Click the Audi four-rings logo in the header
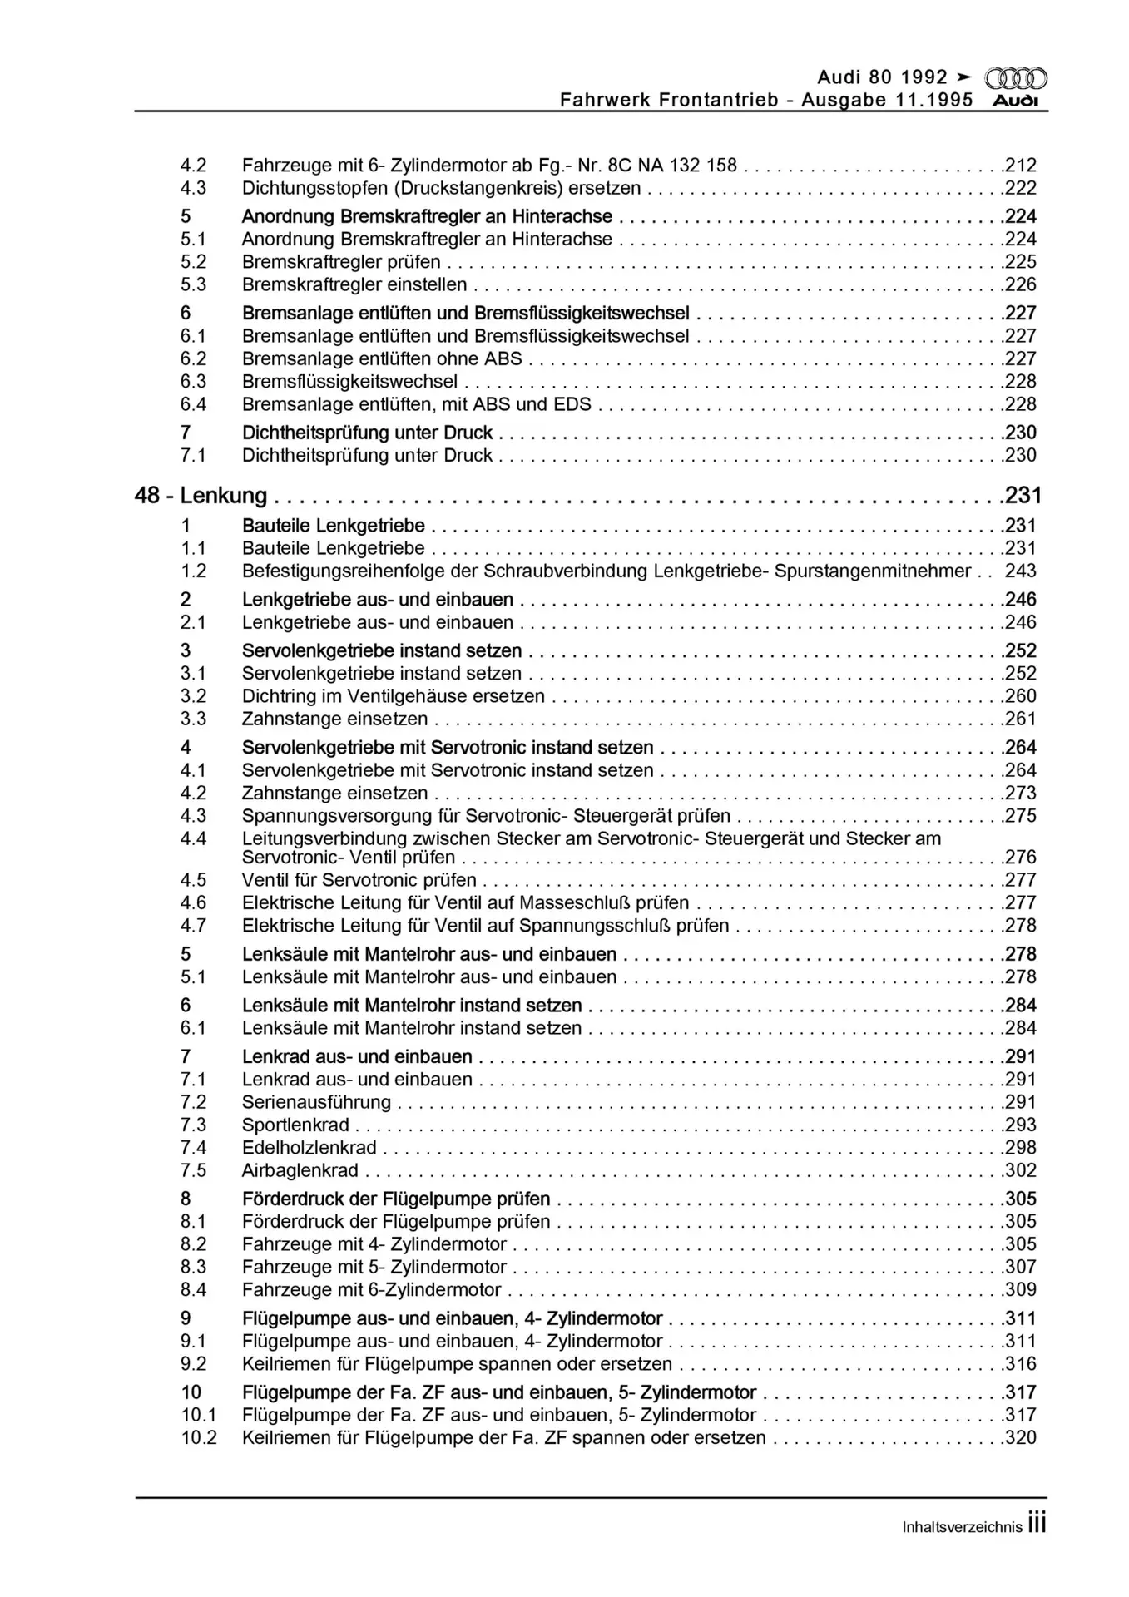click(x=1016, y=79)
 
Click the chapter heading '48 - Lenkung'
click(x=201, y=496)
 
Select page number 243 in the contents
click(x=1020, y=571)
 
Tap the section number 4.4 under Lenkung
click(x=193, y=838)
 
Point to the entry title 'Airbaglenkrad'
click(x=300, y=1170)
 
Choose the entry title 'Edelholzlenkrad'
click(x=309, y=1148)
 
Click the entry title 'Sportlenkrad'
click(x=295, y=1125)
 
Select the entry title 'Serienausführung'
click(x=316, y=1102)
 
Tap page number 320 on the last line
click(x=1020, y=1438)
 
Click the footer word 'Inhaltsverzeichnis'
click(x=962, y=1527)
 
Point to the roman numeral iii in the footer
click(x=1037, y=1524)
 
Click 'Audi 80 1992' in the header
click(x=882, y=77)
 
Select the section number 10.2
click(x=199, y=1438)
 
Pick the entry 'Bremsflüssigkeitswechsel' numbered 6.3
click(x=349, y=382)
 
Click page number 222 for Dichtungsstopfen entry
click(x=1020, y=188)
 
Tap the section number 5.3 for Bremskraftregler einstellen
click(x=193, y=284)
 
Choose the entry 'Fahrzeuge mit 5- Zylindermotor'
click(x=374, y=1267)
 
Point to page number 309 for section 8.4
click(x=1020, y=1290)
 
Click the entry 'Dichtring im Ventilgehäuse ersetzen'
click(x=393, y=696)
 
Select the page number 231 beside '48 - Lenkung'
click(x=1023, y=496)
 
